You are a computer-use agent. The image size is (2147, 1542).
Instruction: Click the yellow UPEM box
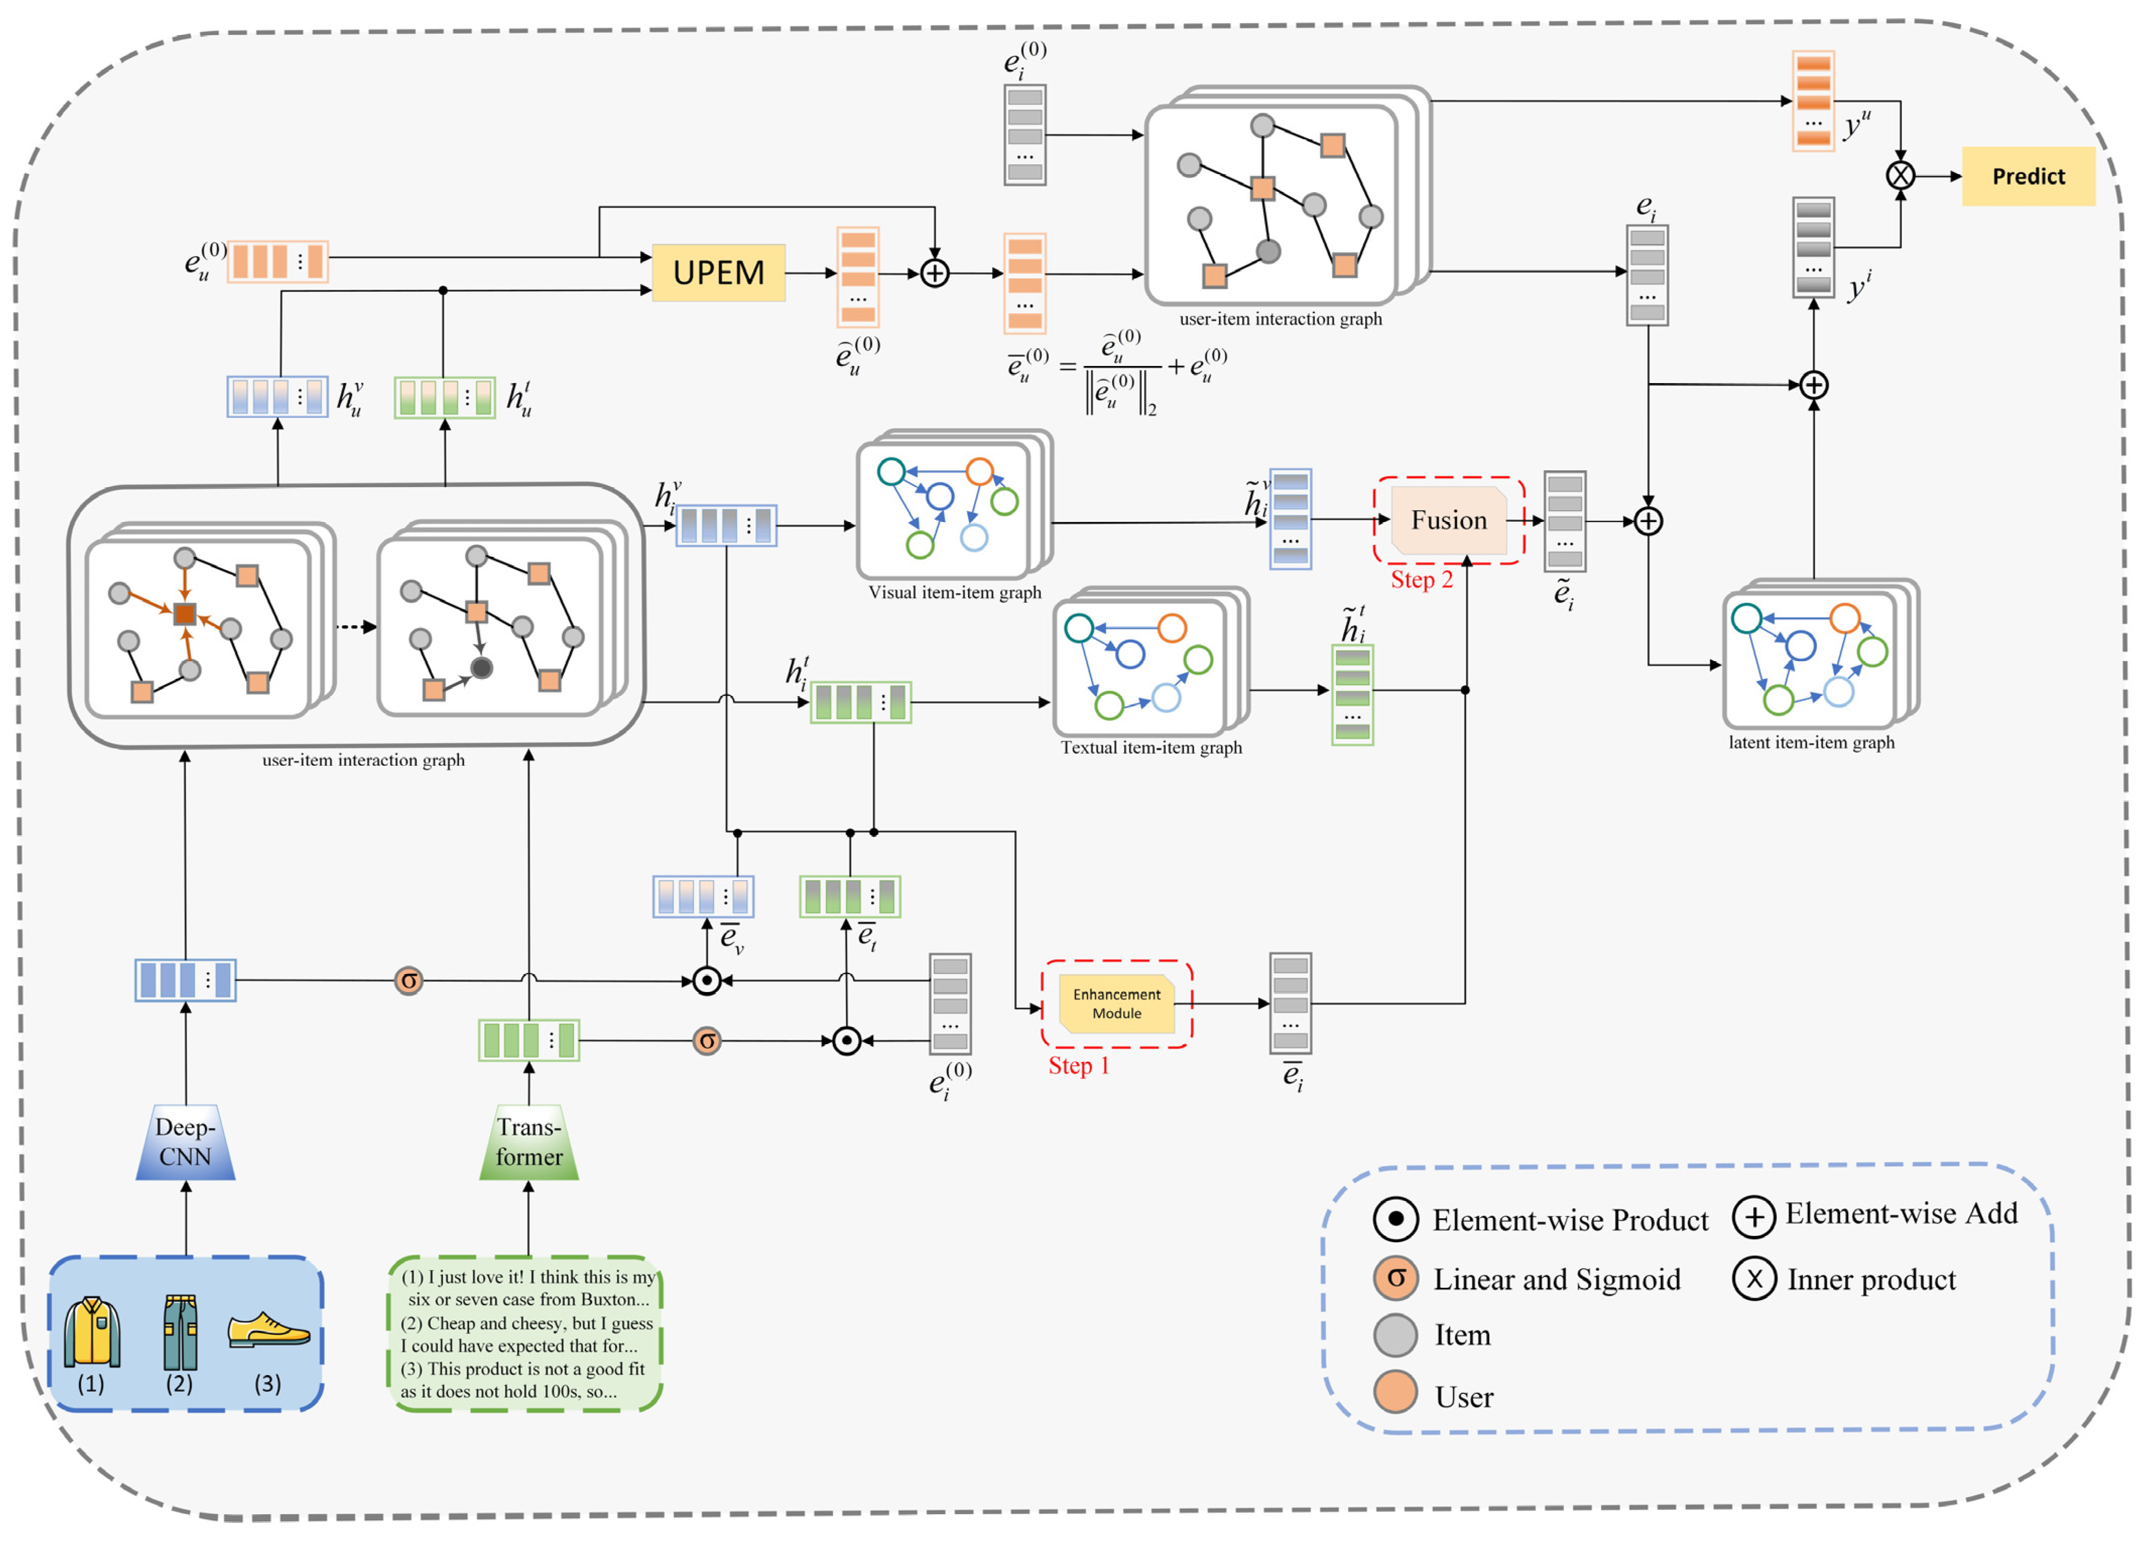pos(718,273)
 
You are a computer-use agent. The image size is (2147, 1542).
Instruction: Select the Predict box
pos(2028,176)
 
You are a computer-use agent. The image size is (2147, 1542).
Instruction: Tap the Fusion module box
pos(1448,520)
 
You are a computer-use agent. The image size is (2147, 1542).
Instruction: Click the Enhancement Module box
pos(1116,1004)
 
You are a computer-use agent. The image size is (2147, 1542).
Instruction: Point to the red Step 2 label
pos(1421,580)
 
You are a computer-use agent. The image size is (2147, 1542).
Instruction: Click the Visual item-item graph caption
pos(954,593)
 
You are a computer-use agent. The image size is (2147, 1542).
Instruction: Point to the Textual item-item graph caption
pos(1151,748)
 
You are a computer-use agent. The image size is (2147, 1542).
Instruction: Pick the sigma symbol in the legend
pos(1395,1278)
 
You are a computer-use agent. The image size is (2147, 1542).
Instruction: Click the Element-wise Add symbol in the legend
pos(1753,1216)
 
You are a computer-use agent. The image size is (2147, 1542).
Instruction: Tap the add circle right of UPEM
pos(934,274)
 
